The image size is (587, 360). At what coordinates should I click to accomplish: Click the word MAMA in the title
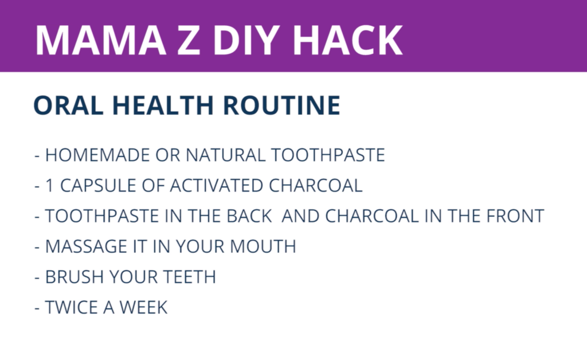[101, 40]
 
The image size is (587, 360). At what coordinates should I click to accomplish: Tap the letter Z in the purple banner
[188, 40]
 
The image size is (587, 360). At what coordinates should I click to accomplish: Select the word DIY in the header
[246, 40]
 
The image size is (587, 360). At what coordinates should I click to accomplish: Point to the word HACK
[347, 40]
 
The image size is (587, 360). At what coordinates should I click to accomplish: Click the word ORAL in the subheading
[69, 105]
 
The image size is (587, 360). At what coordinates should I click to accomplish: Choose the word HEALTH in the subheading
[163, 105]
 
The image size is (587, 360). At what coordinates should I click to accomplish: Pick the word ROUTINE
[281, 105]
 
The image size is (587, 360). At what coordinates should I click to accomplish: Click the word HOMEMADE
[97, 155]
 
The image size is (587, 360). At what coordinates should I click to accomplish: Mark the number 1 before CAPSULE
[49, 186]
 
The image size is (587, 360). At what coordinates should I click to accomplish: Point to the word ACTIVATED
[216, 186]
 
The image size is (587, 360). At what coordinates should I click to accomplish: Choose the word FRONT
[515, 216]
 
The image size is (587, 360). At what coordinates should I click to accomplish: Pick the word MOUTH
[263, 246]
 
